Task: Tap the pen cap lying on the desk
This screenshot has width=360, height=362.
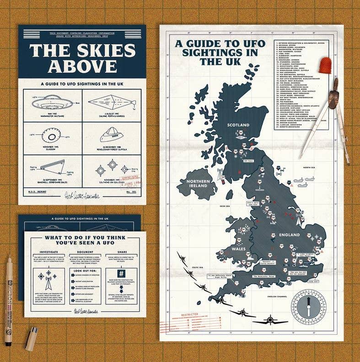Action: [32, 339]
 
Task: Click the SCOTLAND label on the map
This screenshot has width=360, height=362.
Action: [238, 125]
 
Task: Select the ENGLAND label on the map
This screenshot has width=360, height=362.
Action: [290, 235]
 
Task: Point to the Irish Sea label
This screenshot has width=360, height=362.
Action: [225, 206]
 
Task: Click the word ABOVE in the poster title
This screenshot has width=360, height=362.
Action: [82, 66]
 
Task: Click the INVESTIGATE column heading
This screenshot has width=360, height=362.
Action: [48, 251]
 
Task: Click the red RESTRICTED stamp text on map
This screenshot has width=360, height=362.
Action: [189, 314]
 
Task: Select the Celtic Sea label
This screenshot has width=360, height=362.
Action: [197, 267]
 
